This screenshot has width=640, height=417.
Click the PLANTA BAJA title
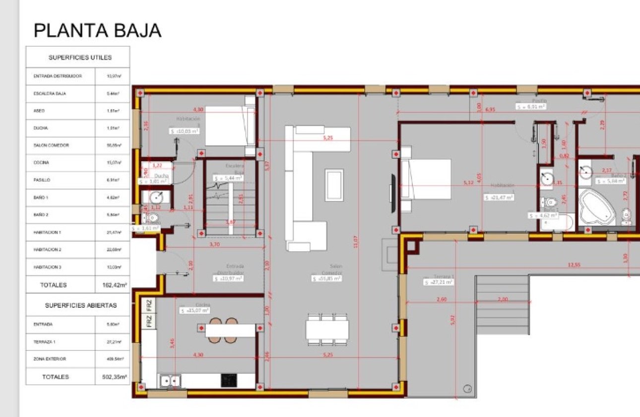[x=97, y=30]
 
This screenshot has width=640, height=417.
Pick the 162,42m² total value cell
[x=112, y=285]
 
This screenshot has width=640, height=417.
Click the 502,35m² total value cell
[x=112, y=377]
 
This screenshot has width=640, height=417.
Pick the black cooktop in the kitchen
[x=229, y=381]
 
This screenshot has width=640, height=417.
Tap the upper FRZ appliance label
[x=149, y=304]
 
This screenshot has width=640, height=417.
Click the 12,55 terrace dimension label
[x=574, y=265]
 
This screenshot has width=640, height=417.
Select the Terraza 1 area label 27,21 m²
[x=439, y=282]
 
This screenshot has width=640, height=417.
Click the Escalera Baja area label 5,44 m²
[x=228, y=178]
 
